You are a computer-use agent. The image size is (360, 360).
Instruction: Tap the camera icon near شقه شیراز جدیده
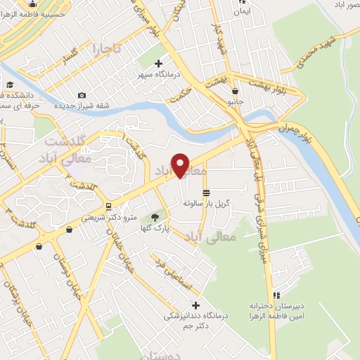click(82, 96)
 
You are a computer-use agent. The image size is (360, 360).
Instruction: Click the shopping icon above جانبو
click(234, 91)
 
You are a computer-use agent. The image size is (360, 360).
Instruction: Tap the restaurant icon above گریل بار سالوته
click(205, 192)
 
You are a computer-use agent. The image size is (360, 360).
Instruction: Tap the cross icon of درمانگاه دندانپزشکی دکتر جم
click(195, 305)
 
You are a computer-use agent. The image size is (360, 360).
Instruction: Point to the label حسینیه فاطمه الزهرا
click(39, 13)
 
